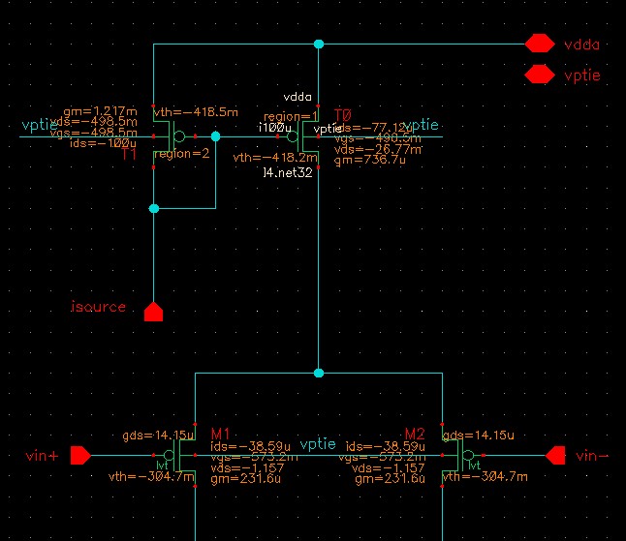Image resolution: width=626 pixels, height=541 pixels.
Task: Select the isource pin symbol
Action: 153,312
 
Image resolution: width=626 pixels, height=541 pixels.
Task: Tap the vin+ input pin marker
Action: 80,455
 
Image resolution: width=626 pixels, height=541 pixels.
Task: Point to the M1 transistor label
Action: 219,433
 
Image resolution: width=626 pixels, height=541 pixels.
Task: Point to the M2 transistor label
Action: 415,433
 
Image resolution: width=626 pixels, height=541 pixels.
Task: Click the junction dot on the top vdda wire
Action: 318,44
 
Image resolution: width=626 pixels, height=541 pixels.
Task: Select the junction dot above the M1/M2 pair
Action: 318,373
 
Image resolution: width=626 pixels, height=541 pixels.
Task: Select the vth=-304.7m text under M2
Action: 485,477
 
